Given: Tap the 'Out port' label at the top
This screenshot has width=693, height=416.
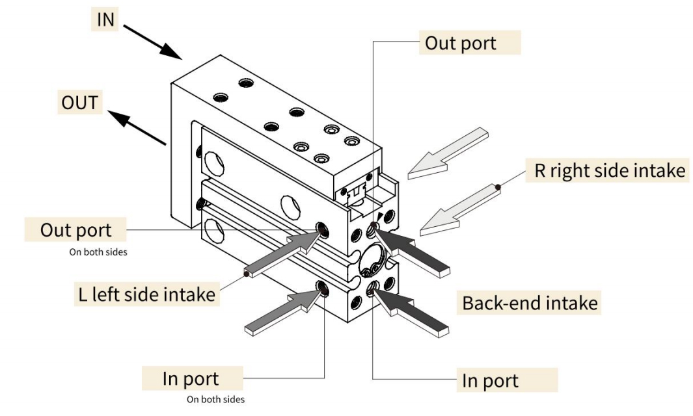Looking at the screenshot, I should click(x=460, y=43).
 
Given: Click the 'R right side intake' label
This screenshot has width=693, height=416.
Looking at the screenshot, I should click(x=606, y=171).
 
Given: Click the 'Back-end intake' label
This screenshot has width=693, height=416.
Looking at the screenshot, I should click(x=530, y=302).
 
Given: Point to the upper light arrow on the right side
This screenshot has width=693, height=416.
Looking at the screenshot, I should click(x=449, y=155).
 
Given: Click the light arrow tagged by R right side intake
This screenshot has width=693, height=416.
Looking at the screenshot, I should click(x=458, y=209).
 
